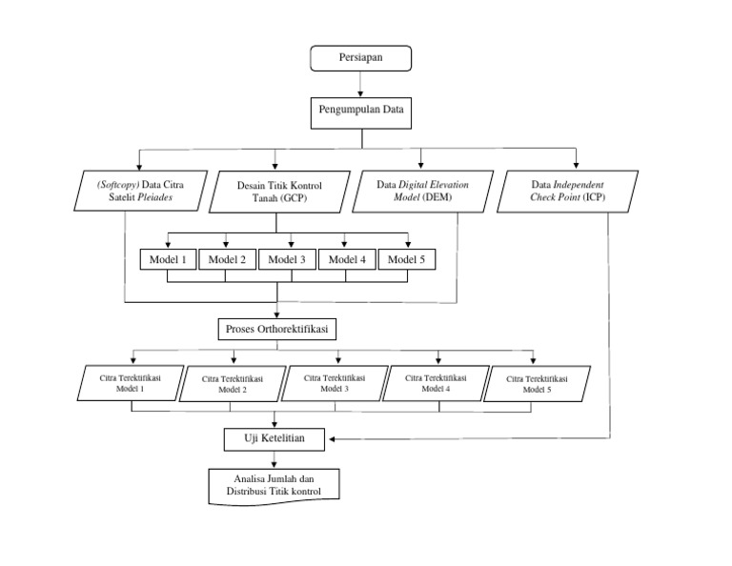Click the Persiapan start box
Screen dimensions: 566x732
pyautogui.click(x=361, y=58)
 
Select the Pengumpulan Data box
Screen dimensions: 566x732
pyautogui.click(x=361, y=111)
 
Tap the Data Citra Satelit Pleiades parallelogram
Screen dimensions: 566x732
pyautogui.click(x=138, y=192)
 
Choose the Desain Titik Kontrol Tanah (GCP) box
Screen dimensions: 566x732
pyautogui.click(x=277, y=192)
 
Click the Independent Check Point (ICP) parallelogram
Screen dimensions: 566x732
pyautogui.click(x=568, y=191)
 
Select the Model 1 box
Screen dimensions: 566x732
pyautogui.click(x=168, y=259)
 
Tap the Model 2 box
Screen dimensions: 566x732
pyautogui.click(x=227, y=259)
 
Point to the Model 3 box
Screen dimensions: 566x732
pyautogui.click(x=287, y=259)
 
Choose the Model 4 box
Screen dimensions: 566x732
pyautogui.click(x=347, y=259)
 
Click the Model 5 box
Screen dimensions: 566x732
pyautogui.click(x=407, y=259)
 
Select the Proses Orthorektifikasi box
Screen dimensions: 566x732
pyautogui.click(x=277, y=329)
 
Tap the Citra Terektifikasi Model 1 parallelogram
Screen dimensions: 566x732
pyautogui.click(x=131, y=383)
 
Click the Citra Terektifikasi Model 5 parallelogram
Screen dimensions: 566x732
pyautogui.click(x=537, y=384)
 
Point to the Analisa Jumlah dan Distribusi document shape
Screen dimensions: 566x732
pyautogui.click(x=274, y=485)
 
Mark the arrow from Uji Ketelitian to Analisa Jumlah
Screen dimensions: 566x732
pyautogui.click(x=275, y=458)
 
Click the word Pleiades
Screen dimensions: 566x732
pyautogui.click(x=180, y=199)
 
